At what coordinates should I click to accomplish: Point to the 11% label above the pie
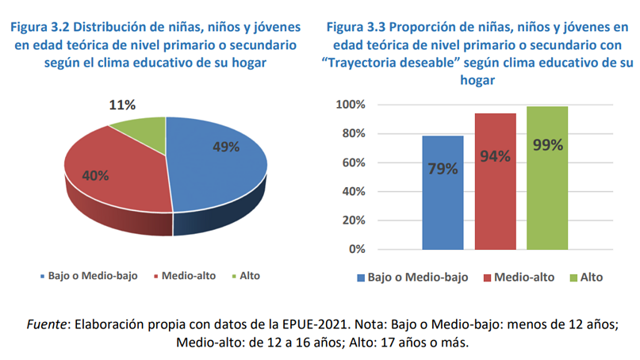point(122,105)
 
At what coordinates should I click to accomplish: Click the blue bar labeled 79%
point(443,193)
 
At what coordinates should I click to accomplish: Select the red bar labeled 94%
point(495,182)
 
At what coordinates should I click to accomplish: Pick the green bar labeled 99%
point(547,178)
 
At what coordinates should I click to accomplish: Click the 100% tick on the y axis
point(351,105)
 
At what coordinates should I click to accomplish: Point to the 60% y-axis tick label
point(354,163)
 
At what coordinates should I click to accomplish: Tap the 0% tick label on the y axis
point(357,249)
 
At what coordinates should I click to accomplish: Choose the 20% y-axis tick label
point(354,220)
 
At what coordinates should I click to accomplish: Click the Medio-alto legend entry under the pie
point(185,276)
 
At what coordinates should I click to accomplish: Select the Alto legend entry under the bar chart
point(587,278)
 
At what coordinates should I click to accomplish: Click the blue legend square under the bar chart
point(361,278)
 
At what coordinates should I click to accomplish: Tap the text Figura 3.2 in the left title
point(40,27)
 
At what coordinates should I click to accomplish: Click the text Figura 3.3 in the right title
point(356,27)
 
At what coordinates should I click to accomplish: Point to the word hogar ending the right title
point(477,80)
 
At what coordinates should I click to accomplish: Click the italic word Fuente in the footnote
point(47,324)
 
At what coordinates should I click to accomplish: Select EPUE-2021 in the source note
point(315,324)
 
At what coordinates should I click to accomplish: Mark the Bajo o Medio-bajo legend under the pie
point(89,276)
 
